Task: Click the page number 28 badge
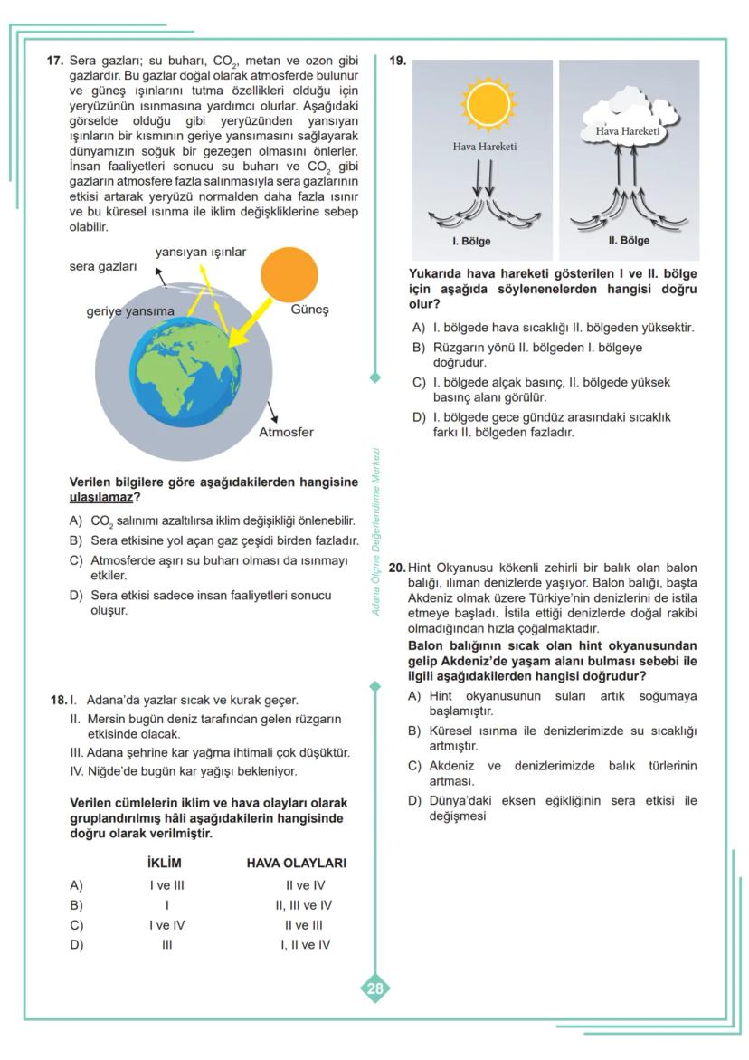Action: click(374, 988)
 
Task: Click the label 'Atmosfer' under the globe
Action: click(286, 432)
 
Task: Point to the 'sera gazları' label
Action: click(103, 267)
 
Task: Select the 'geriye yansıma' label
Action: click(130, 310)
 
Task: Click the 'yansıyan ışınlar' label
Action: click(200, 251)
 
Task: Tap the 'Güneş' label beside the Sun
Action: click(309, 310)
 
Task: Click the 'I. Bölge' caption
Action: click(471, 242)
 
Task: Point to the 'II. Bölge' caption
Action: click(629, 241)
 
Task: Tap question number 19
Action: click(398, 61)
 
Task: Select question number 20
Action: click(397, 568)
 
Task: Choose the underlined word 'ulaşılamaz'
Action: click(100, 498)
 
